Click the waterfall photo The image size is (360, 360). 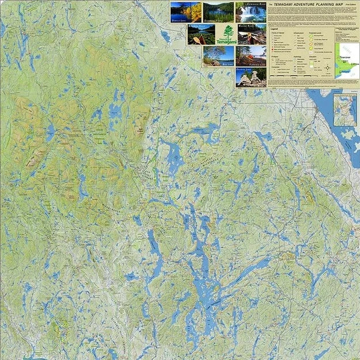(251, 12)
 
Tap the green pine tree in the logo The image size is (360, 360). (229, 31)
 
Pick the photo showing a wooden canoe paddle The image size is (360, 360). (201, 34)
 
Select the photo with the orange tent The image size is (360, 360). (251, 56)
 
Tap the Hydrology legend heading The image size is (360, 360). (299, 56)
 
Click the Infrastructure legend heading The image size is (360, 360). (299, 32)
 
